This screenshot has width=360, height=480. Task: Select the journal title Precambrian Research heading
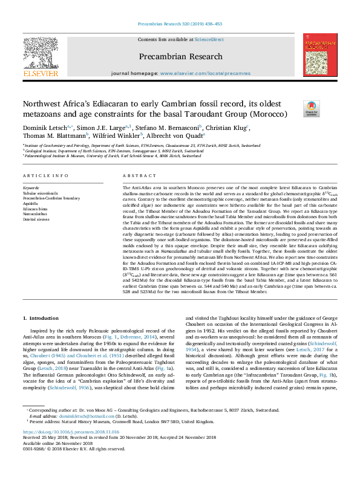coord(180,56)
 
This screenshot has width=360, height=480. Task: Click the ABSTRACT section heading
coord(137,176)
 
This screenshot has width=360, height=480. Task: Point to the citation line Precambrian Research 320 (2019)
coord(180,24)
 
